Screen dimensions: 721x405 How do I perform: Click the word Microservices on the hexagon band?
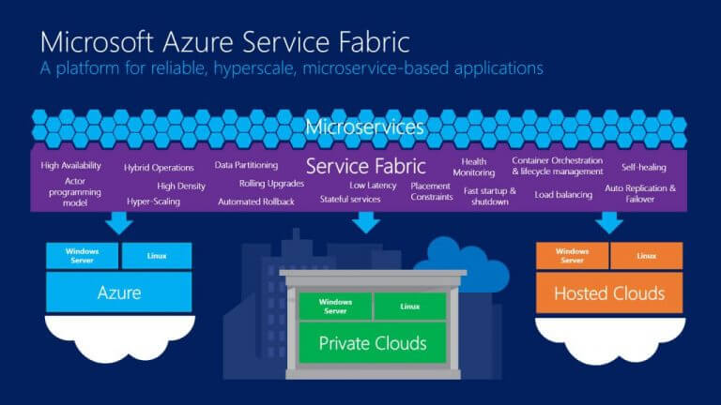(x=364, y=127)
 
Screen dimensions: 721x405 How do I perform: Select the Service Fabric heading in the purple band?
(x=365, y=166)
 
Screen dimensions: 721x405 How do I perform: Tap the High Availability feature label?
(x=70, y=165)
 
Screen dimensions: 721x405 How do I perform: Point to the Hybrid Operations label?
(x=159, y=168)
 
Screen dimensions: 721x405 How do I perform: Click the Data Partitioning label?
(x=246, y=165)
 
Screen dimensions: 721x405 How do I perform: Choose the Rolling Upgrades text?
(x=271, y=184)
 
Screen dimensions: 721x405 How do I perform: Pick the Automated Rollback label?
(x=256, y=202)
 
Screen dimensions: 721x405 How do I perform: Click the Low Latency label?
(x=373, y=186)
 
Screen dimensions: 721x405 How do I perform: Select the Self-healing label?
(x=644, y=167)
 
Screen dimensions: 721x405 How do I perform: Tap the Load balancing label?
(x=563, y=195)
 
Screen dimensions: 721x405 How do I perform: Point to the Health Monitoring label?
(x=473, y=167)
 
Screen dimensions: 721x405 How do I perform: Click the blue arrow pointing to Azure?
(x=119, y=223)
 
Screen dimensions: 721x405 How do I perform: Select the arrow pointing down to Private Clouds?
(x=366, y=223)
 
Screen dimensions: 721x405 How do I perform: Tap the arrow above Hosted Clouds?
(x=609, y=223)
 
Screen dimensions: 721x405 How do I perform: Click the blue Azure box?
(x=119, y=292)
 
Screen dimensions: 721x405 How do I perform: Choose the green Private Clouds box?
(x=373, y=343)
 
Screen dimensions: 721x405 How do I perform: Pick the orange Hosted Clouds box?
(x=609, y=292)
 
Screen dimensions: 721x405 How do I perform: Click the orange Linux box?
(x=647, y=256)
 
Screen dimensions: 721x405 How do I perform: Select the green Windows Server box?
(x=335, y=307)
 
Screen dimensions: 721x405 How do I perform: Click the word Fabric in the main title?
(x=375, y=42)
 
